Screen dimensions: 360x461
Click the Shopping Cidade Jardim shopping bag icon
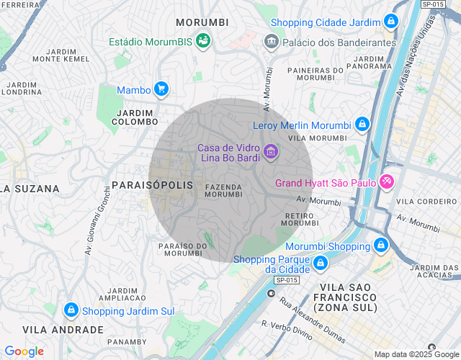point(390,22)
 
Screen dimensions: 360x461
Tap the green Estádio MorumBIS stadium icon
point(204,41)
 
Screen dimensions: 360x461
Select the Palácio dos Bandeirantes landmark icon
point(272,42)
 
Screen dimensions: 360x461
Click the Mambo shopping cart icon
point(161,90)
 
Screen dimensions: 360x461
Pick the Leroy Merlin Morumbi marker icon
point(361,125)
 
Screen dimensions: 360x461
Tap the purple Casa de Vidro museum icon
point(271,152)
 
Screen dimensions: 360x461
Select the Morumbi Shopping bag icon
point(380,246)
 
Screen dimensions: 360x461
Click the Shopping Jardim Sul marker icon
point(71,311)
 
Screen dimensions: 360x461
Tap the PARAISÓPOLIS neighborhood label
point(153,186)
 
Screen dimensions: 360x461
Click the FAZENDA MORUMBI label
point(223,190)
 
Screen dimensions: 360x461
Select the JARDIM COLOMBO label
point(135,117)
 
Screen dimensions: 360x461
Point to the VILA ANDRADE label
point(63,330)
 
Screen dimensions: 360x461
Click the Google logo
point(24,351)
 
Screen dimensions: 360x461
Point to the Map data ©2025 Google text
point(416,354)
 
